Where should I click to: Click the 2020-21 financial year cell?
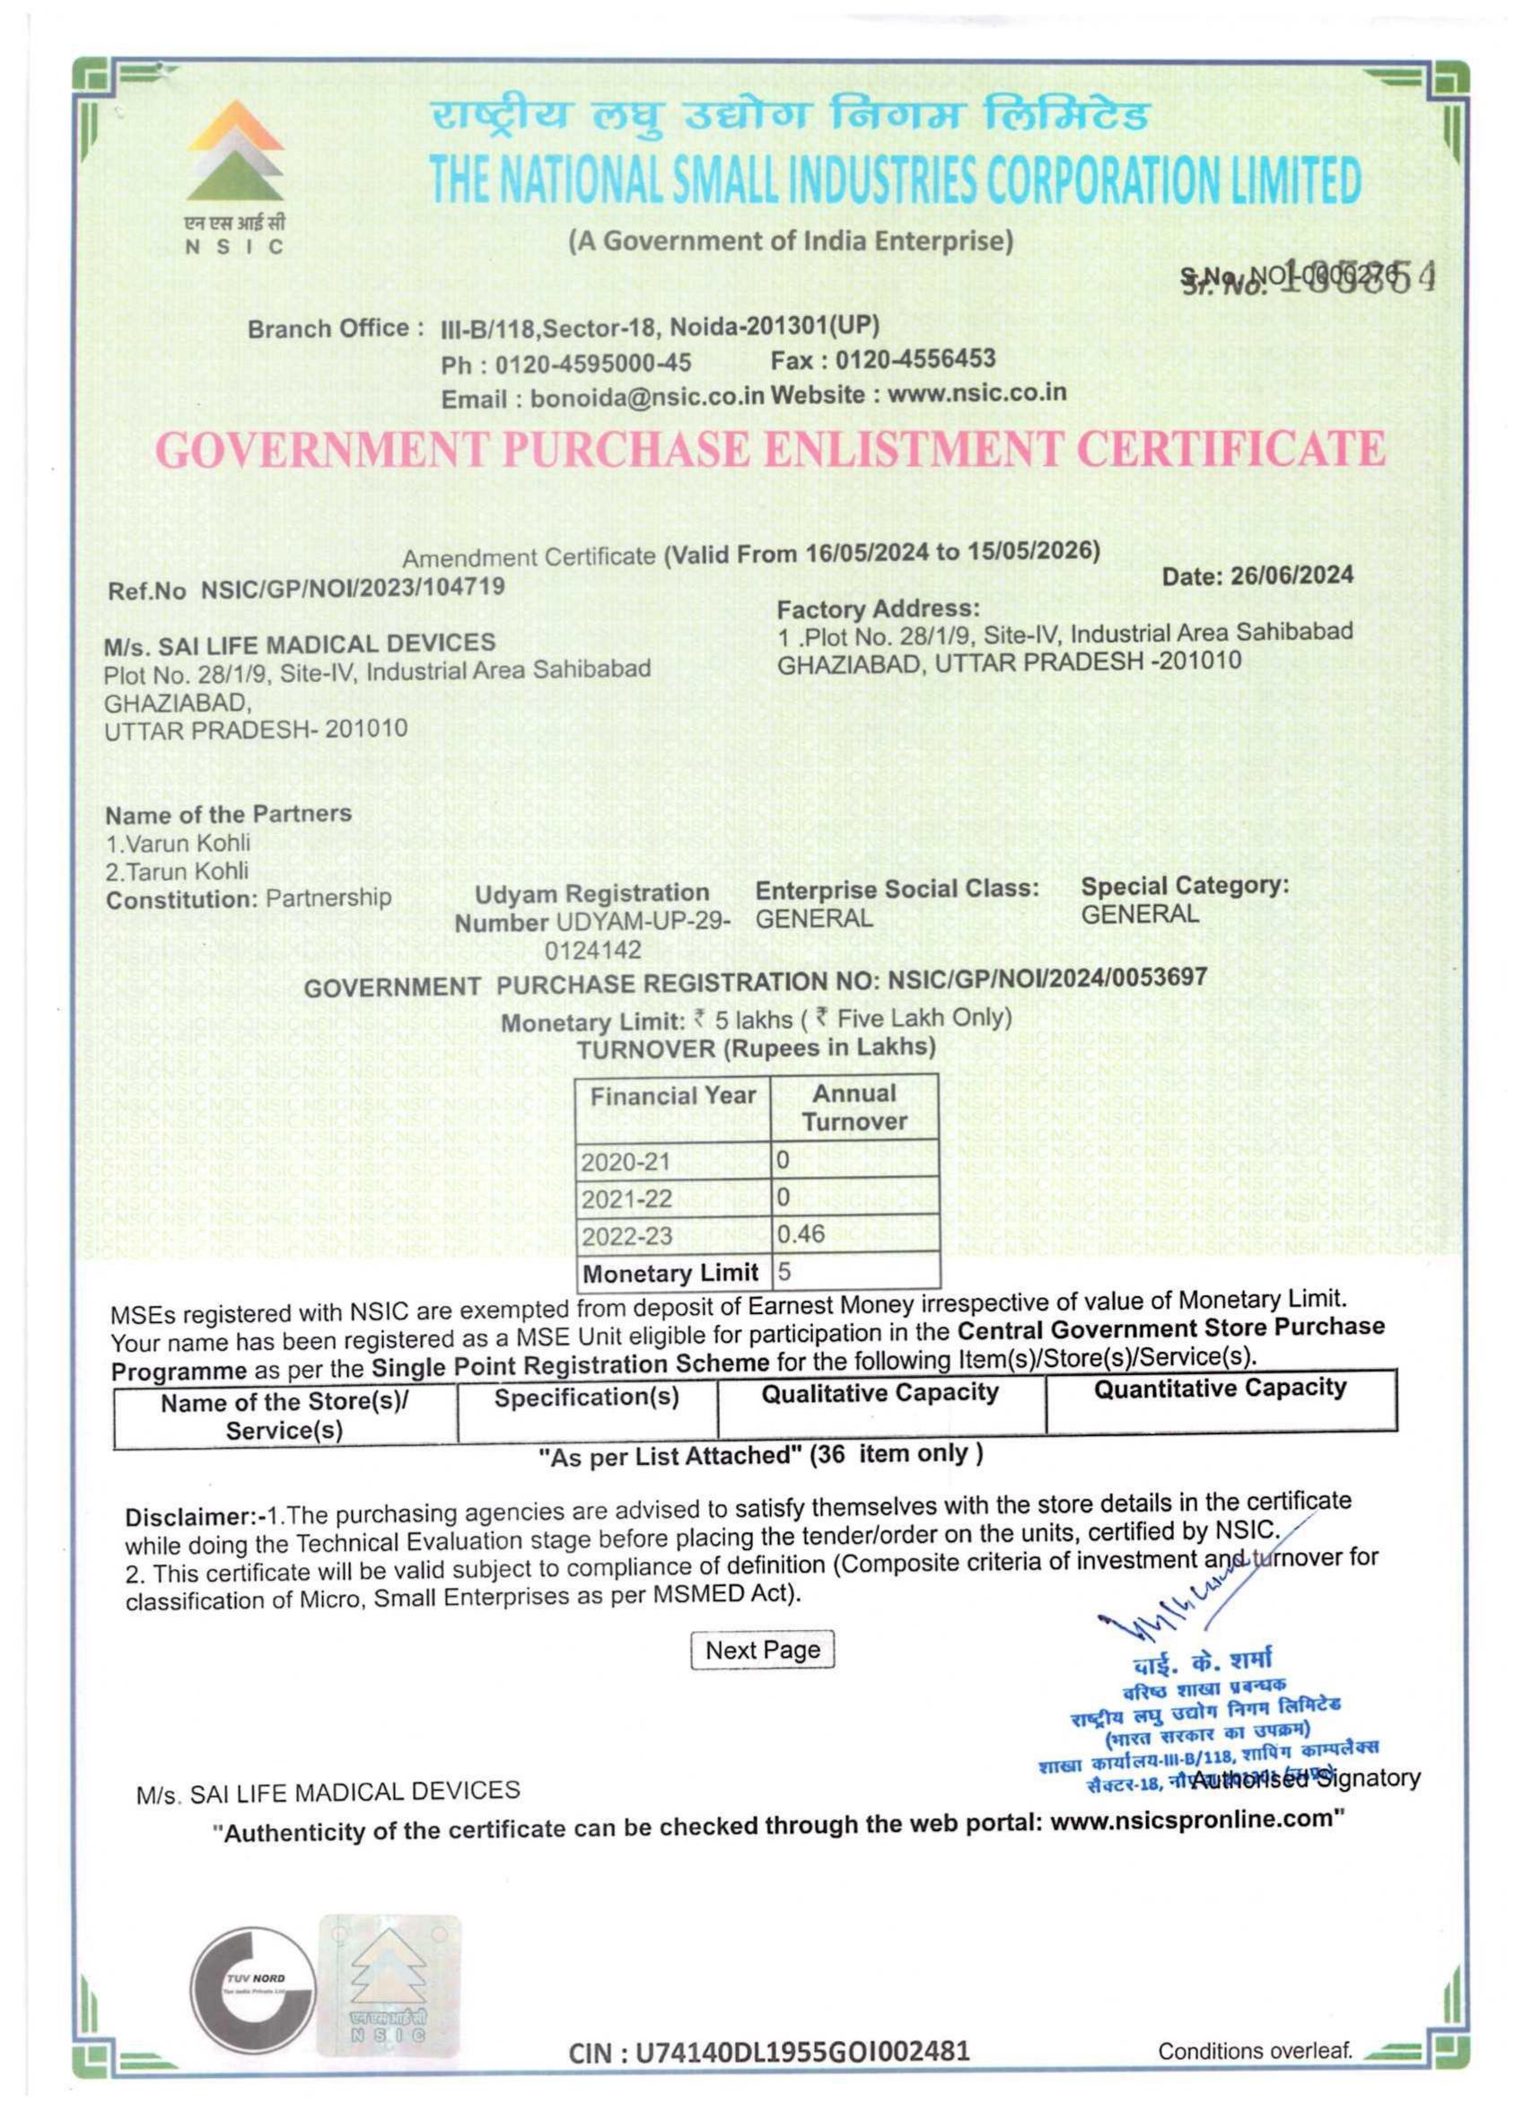pos(626,1161)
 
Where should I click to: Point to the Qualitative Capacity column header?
pos(880,1393)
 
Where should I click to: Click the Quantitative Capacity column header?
pos(1220,1389)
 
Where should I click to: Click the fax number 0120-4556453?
pos(915,359)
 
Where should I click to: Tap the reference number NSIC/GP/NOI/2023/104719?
pos(353,588)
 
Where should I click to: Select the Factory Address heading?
pos(878,609)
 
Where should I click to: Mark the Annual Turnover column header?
pos(854,1108)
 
